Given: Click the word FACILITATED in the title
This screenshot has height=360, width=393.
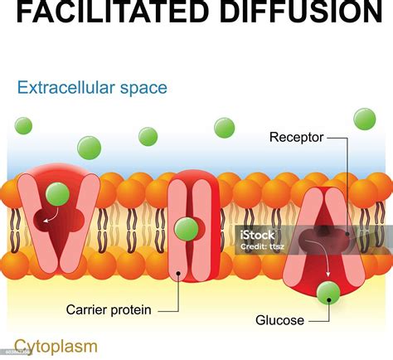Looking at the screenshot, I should click(101, 12).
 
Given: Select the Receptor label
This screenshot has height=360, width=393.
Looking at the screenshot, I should click(296, 137).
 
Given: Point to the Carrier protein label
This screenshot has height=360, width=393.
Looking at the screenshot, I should click(109, 310).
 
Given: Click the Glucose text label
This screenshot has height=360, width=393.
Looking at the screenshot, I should click(279, 319).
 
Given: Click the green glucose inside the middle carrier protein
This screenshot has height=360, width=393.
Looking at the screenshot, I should click(187, 229).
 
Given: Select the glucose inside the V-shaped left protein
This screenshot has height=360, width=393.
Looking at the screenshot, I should click(57, 195).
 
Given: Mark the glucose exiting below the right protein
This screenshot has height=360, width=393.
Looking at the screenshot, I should click(329, 292).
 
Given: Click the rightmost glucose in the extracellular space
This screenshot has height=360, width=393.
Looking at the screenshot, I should click(365, 119).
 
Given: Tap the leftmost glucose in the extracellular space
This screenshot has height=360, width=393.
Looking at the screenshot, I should click(24, 126).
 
